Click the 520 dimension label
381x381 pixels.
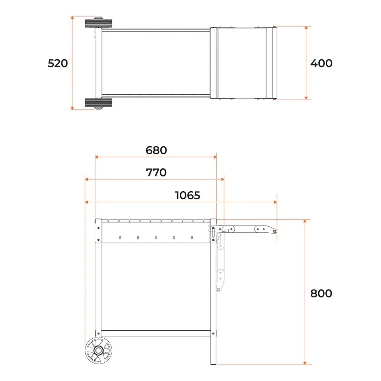[x=58, y=63]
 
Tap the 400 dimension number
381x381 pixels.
[x=321, y=63]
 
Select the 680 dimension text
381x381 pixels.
[x=156, y=150]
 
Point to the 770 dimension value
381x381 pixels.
[x=156, y=173]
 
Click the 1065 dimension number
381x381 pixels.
[x=187, y=195]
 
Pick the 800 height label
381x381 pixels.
[x=321, y=293]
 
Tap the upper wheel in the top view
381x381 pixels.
[x=98, y=23]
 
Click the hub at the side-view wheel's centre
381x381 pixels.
[x=99, y=351]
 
